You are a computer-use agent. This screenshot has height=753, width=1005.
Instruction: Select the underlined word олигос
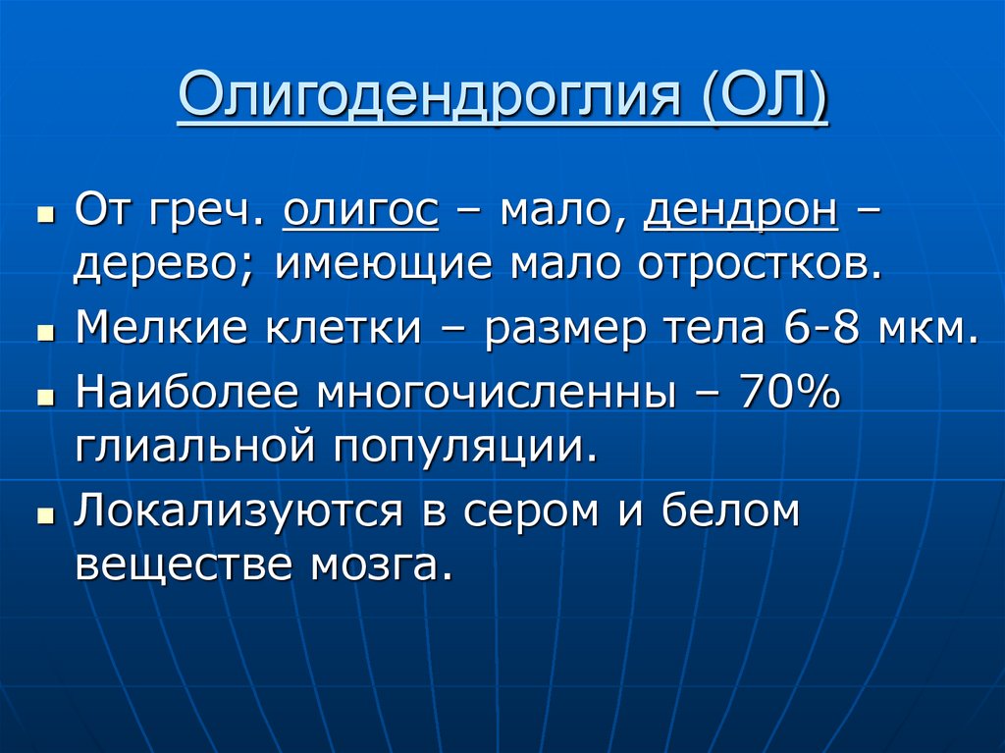point(360,208)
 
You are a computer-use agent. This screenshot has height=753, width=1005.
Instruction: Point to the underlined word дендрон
point(740,208)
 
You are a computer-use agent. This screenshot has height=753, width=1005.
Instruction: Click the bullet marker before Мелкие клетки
point(44,334)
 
